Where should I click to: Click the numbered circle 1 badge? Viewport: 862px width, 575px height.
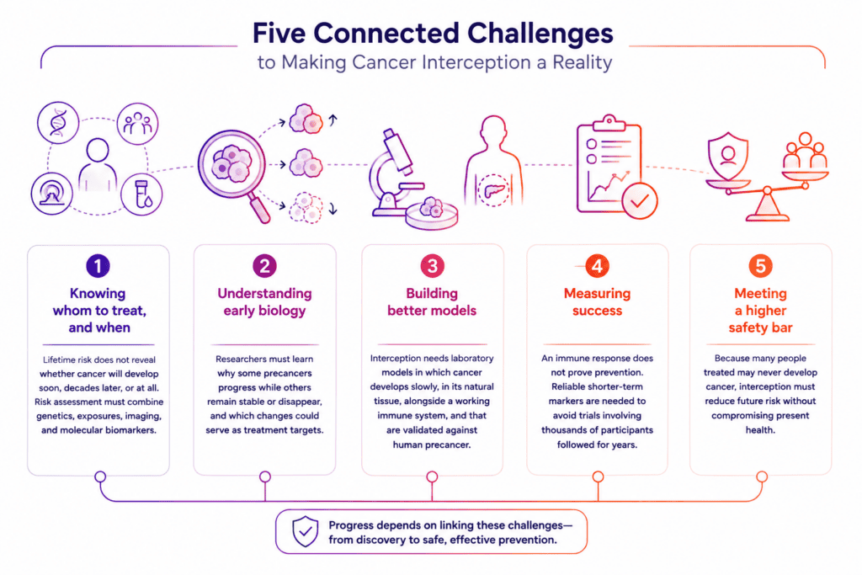[98, 266]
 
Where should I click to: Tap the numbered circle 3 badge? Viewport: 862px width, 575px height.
[432, 266]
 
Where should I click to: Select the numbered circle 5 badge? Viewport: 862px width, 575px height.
[760, 266]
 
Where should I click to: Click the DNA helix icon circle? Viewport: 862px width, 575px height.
[58, 123]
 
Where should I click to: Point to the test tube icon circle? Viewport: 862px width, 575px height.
[141, 194]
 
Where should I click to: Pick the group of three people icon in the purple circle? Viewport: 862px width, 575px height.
[137, 123]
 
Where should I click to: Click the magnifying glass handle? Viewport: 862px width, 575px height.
[259, 209]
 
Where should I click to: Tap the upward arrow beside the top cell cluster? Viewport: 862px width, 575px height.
[333, 120]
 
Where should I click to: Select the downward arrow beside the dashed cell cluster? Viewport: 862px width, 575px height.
[333, 208]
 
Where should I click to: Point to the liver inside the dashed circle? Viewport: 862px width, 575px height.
[492, 190]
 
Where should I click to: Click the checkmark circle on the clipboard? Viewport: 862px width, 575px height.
[640, 201]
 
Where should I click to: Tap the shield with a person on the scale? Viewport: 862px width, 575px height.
[728, 156]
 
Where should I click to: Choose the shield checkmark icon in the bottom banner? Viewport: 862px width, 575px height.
[305, 531]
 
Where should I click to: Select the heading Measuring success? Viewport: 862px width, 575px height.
[597, 301]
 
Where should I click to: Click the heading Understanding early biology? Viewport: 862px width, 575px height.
[264, 301]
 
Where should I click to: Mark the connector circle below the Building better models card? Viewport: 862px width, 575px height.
[432, 477]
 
